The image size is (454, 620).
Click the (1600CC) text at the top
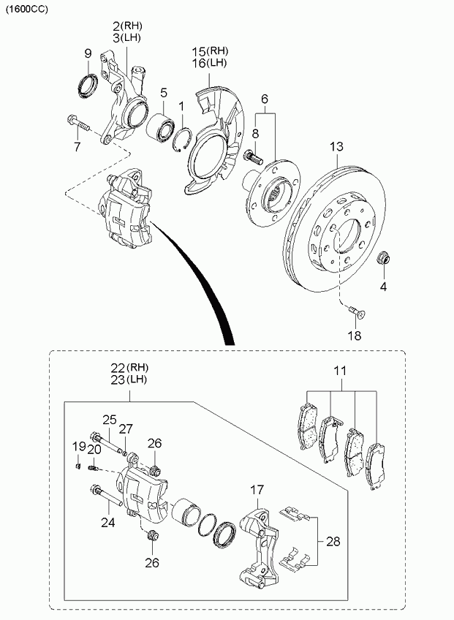coord(26,10)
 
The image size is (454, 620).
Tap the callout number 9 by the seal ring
coord(88,54)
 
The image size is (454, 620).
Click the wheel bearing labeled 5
coord(162,124)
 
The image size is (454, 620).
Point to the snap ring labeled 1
coord(182,140)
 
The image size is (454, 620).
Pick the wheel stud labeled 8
coord(254,156)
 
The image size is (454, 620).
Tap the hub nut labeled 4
coord(383,258)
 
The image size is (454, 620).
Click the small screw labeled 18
coord(357,312)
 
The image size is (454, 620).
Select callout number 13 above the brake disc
coord(336,147)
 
